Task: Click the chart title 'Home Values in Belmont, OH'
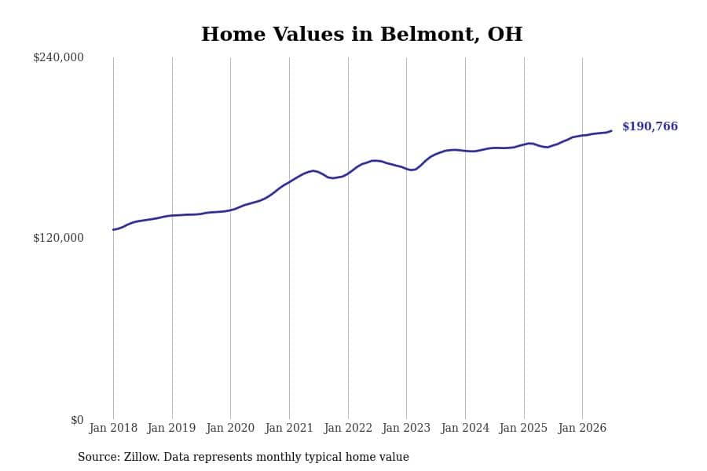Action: pyautogui.click(x=361, y=35)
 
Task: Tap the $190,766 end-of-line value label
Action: pyautogui.click(x=650, y=126)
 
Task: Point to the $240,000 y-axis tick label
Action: pyautogui.click(x=58, y=57)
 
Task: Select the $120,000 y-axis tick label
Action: pyautogui.click(x=58, y=238)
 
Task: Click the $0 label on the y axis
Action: pyautogui.click(x=77, y=420)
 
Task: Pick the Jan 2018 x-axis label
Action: pyautogui.click(x=113, y=428)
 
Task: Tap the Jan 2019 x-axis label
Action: pyautogui.click(x=171, y=428)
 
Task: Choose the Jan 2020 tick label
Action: pyautogui.click(x=230, y=428)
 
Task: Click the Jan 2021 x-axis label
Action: pyautogui.click(x=288, y=428)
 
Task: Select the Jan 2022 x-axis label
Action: pyautogui.click(x=348, y=428)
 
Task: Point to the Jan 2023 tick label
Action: pyautogui.click(x=406, y=428)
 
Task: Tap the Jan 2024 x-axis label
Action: pyautogui.click(x=465, y=428)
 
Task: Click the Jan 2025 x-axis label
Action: pyautogui.click(x=523, y=428)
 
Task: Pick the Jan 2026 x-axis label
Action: pyautogui.click(x=582, y=428)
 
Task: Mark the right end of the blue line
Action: pyautogui.click(x=611, y=131)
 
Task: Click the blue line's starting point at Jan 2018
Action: pyautogui.click(x=113, y=230)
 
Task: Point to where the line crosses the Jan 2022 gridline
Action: pyautogui.click(x=348, y=173)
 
